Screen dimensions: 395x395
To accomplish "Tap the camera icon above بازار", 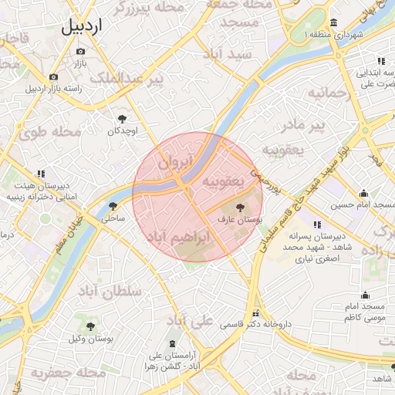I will tap(81, 51).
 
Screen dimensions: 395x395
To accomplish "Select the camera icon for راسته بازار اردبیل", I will tap(53, 76).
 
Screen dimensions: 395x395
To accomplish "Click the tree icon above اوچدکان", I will tap(122, 118).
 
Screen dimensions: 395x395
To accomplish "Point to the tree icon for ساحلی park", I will tap(113, 206).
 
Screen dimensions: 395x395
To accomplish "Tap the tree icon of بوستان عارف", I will tap(240, 208).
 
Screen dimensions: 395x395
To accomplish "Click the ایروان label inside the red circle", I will tap(172, 164).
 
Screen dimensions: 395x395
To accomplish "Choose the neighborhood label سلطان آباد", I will tap(113, 292).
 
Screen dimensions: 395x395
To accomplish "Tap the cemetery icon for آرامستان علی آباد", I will tap(171, 343).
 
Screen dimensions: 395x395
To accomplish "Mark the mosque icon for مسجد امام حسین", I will tap(363, 194).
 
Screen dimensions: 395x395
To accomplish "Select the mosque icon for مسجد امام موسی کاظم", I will tap(365, 295).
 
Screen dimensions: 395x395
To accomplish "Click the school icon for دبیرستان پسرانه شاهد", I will tap(317, 224).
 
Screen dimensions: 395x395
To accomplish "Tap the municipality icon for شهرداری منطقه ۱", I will tap(333, 22).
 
